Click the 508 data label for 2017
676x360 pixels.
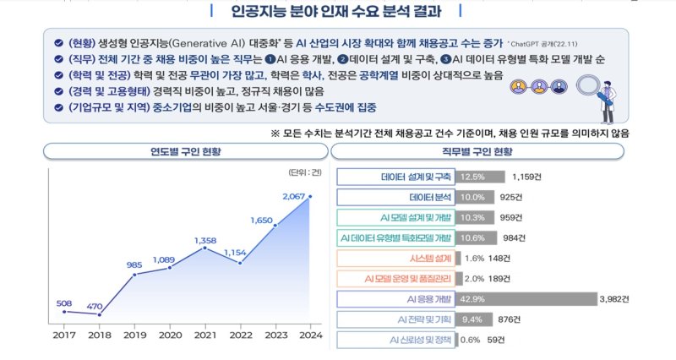[x=64, y=303]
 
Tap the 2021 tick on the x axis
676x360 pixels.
[x=204, y=335]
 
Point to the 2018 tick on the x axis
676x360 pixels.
[x=100, y=335]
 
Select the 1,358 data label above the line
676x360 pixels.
[x=205, y=240]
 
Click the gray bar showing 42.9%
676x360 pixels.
[x=525, y=298]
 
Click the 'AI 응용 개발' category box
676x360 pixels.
[x=395, y=298]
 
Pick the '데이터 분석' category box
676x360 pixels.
[x=395, y=197]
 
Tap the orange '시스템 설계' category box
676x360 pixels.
[x=395, y=258]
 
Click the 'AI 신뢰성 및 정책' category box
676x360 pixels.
[x=395, y=340]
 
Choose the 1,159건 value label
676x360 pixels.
[x=531, y=177]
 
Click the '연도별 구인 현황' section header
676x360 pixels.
[x=181, y=150]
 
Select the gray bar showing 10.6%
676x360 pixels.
[x=475, y=237]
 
